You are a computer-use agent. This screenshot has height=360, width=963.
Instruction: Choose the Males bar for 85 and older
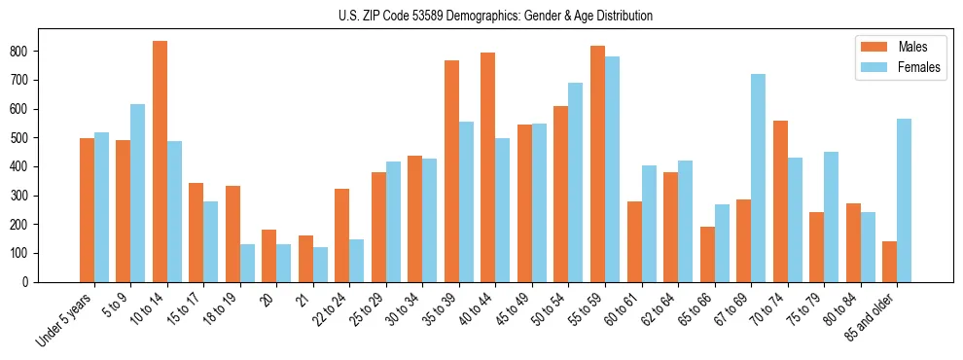click(889, 262)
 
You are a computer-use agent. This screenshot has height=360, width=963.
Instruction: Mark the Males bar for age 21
click(305, 259)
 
